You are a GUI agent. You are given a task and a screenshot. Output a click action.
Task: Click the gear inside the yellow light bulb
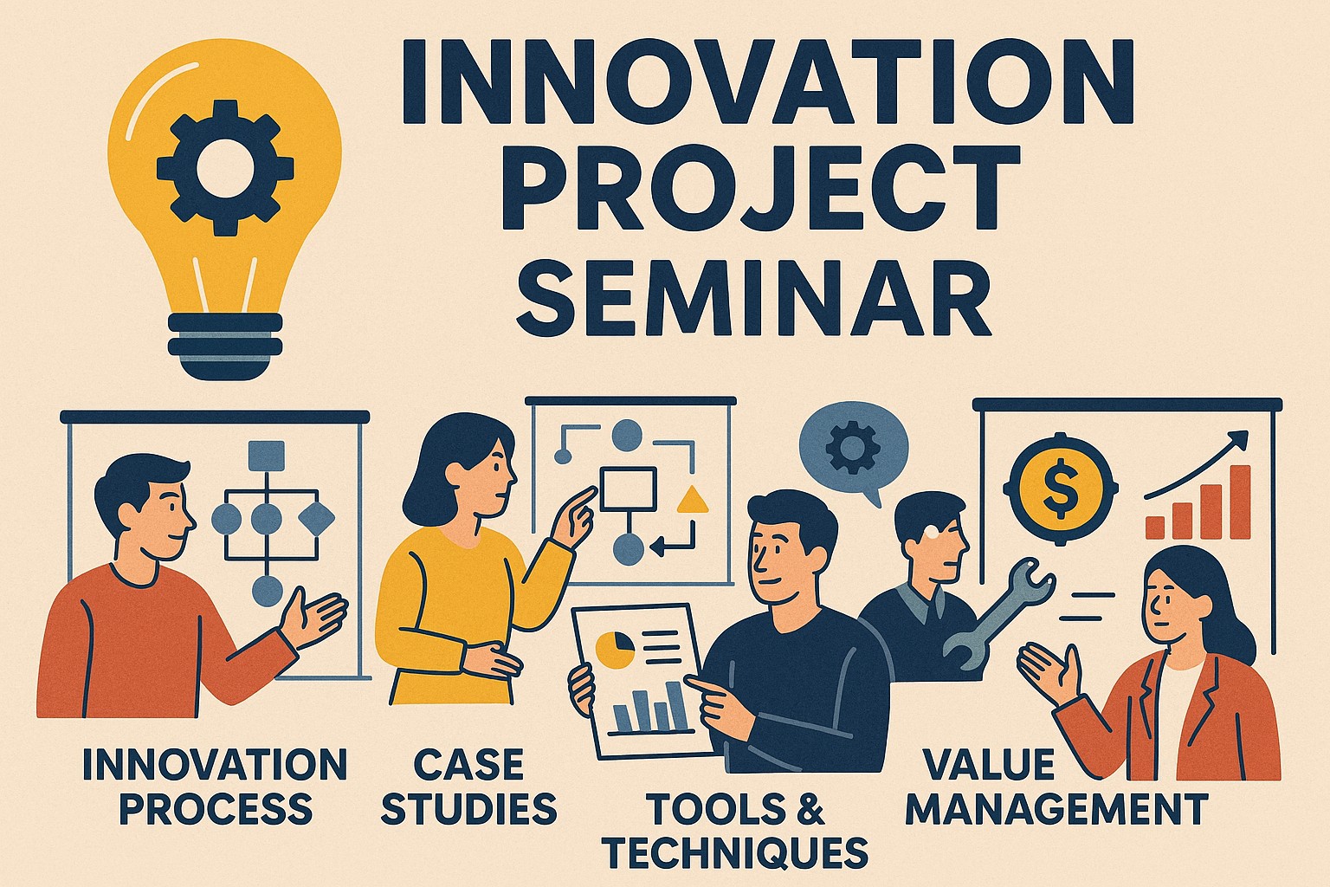click(225, 168)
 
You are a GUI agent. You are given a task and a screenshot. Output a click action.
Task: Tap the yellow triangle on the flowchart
click(693, 500)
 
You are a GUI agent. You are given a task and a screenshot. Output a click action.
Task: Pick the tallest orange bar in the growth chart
click(1241, 502)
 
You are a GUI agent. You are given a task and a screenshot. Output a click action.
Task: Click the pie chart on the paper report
click(615, 650)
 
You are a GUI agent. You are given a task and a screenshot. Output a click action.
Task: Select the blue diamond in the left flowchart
click(316, 519)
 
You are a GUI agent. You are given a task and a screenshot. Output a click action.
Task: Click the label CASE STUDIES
click(469, 787)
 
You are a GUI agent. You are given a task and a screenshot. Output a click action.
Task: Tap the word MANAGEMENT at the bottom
click(1057, 808)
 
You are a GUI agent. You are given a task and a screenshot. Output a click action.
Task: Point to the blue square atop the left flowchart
click(267, 456)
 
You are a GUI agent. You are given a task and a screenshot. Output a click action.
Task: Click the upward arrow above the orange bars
click(1197, 464)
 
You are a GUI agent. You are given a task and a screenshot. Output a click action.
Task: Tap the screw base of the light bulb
click(225, 347)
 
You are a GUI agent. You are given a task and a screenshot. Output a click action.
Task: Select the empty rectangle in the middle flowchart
click(628, 489)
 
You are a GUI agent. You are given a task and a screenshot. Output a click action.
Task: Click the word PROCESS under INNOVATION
click(216, 808)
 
